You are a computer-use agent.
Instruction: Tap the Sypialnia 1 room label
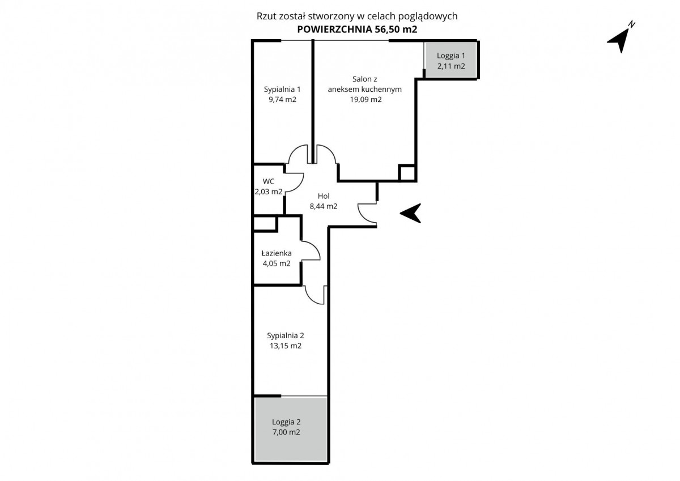click(x=282, y=89)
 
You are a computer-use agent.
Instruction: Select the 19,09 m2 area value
click(x=365, y=100)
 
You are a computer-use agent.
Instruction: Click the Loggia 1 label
click(x=451, y=56)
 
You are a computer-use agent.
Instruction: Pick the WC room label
click(x=269, y=181)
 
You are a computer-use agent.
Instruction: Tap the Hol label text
click(x=324, y=196)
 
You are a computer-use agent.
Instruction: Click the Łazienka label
click(x=277, y=253)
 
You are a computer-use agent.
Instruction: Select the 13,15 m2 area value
click(x=286, y=346)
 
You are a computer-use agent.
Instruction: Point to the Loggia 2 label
click(x=286, y=422)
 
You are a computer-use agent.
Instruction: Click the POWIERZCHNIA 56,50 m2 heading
click(x=358, y=29)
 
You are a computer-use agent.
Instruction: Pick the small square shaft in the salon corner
click(x=407, y=173)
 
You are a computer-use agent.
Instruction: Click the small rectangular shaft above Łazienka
click(x=265, y=224)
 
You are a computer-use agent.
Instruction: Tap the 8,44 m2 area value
click(x=324, y=206)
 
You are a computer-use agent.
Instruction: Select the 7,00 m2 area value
click(x=286, y=432)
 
